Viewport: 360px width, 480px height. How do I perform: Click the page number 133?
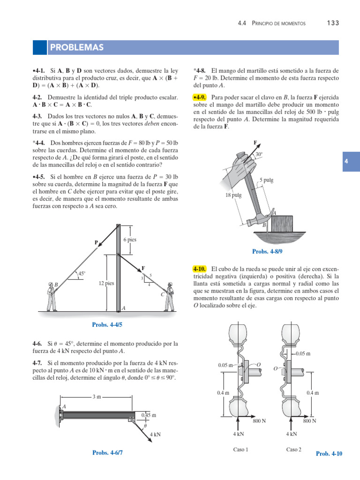click(332, 23)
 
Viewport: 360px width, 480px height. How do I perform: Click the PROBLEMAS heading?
click(77, 48)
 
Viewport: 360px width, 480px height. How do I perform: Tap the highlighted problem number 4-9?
click(200, 97)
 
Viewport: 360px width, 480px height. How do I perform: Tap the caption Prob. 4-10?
click(329, 453)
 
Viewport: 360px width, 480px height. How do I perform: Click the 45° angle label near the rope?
click(82, 273)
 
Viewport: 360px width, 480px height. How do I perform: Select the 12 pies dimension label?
click(106, 283)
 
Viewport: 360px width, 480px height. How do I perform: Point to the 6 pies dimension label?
click(130, 240)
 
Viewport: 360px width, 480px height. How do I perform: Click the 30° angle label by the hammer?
click(258, 154)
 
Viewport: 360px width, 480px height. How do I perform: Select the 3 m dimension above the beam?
click(97, 397)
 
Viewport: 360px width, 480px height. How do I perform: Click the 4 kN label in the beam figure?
click(155, 435)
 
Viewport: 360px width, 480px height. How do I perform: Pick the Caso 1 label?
click(240, 450)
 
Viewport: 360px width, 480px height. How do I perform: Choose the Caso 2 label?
click(294, 450)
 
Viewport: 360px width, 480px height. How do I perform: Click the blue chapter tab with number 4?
click(351, 162)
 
